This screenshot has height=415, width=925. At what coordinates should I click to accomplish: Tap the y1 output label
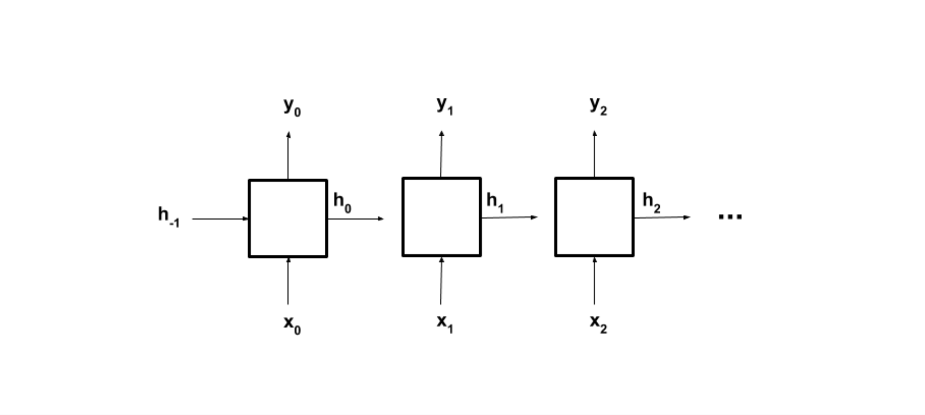pos(444,105)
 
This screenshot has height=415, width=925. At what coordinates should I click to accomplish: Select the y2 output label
pos(598,105)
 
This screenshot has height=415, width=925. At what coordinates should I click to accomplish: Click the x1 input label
pos(444,323)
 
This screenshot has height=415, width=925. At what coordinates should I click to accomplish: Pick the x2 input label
pos(598,323)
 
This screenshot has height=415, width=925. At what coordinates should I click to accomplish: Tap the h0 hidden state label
pos(342,202)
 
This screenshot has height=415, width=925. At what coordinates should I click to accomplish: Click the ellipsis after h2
pos(730,217)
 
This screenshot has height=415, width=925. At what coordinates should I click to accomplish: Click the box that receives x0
pos(288,218)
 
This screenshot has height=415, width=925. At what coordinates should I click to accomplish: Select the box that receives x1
pos(442,217)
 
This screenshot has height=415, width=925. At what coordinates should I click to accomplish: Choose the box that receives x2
pos(594,217)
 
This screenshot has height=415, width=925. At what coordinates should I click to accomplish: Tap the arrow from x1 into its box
pos(441,281)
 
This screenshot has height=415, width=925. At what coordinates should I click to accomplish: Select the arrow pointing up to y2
pos(594,154)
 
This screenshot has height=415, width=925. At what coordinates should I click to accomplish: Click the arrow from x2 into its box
pos(594,281)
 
